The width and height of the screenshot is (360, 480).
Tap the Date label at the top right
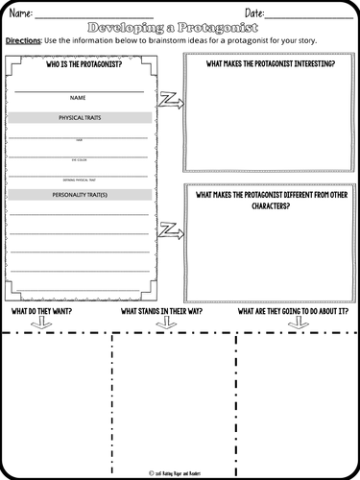coord(254,12)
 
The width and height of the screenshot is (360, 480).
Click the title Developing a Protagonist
coord(180,28)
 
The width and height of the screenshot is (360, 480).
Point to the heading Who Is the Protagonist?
coord(79,65)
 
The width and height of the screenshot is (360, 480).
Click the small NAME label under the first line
coord(79,97)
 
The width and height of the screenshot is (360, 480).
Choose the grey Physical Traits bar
coord(79,117)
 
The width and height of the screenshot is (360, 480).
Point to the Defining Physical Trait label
coord(79,180)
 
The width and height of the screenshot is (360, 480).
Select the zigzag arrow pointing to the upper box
coord(170,98)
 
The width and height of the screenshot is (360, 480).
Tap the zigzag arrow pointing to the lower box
coord(170,229)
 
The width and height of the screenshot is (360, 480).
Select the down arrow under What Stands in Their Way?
coord(165,324)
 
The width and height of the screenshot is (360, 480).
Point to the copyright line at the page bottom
coord(180,471)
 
